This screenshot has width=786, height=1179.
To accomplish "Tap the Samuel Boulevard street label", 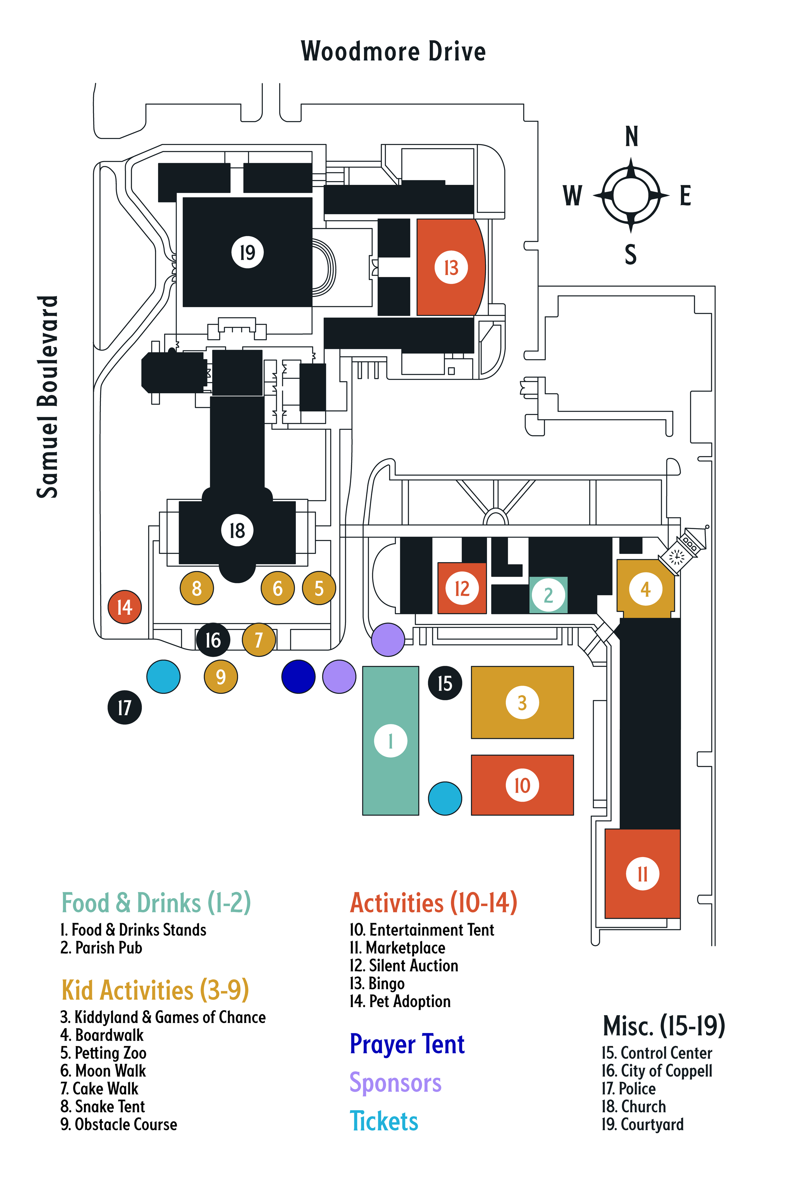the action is point(47,397).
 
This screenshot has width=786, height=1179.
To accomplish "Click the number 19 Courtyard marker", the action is point(247,252).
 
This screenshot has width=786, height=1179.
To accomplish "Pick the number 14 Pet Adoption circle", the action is point(125,607).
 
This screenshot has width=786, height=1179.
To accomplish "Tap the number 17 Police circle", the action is point(125,708).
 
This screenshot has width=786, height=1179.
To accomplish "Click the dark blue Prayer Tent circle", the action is point(298,676).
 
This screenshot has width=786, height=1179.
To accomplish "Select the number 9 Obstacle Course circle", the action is point(221,677).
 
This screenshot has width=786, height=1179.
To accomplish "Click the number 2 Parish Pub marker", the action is point(548,595).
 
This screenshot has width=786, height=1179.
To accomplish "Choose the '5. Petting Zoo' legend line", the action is point(103,1052).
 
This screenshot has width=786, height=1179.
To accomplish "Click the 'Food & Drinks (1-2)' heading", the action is point(156,903).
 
